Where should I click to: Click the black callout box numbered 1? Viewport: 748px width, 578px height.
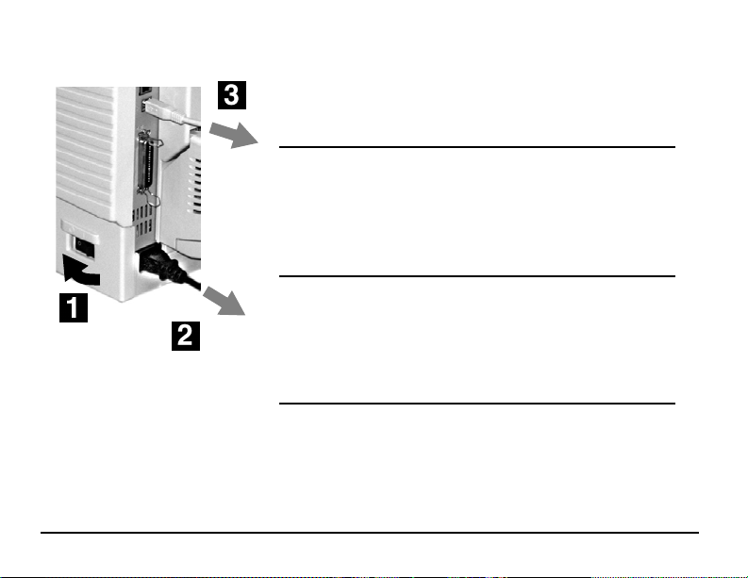click(74, 308)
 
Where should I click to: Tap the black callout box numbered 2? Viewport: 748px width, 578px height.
click(186, 337)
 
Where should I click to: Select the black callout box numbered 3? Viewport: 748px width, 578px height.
click(232, 95)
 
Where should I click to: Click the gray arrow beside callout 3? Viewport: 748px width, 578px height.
click(234, 135)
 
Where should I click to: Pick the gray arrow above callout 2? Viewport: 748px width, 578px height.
click(224, 302)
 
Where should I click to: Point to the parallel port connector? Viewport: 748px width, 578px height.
click(144, 162)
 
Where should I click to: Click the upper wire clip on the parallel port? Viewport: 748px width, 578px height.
click(154, 141)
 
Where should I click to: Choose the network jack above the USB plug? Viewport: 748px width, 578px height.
click(144, 91)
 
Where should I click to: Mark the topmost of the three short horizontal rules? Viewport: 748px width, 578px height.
click(477, 147)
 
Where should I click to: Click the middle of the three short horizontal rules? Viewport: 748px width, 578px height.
click(477, 275)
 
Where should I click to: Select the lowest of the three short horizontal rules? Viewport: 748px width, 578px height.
click(477, 403)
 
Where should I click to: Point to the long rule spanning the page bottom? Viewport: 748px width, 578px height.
click(370, 532)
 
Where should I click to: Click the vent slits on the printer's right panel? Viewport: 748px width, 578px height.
click(194, 185)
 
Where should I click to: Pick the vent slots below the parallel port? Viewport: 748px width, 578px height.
click(143, 221)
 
